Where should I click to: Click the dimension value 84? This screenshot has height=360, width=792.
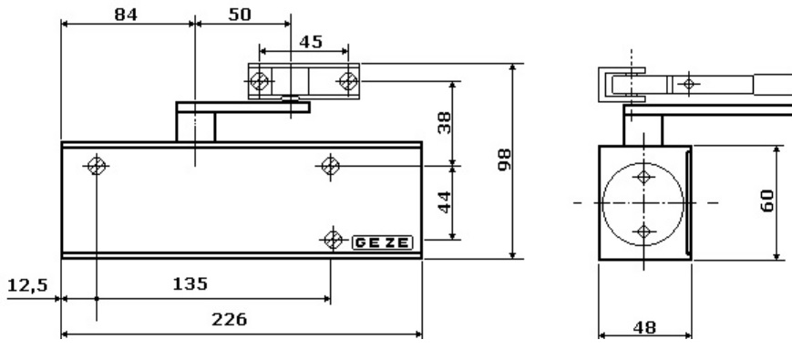(126, 15)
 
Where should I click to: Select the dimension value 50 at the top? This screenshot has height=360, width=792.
(240, 15)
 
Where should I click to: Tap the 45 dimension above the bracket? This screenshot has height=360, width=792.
(311, 42)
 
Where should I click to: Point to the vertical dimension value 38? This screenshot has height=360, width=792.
(445, 123)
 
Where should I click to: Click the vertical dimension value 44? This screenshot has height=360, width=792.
(445, 202)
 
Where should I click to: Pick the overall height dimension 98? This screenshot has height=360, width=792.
(504, 159)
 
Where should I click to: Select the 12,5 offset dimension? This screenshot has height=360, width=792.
(27, 286)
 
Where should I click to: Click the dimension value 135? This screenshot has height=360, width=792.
(190, 283)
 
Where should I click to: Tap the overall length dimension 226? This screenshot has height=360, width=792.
(230, 320)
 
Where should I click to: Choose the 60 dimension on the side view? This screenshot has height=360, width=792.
(766, 201)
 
